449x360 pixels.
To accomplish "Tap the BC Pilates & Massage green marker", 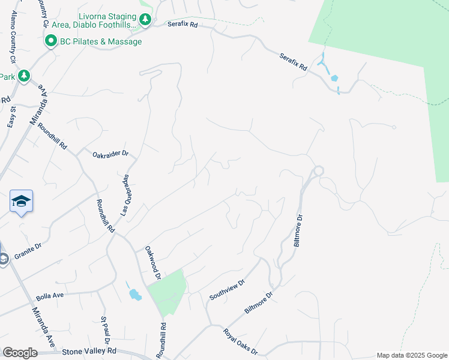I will click(x=50, y=41).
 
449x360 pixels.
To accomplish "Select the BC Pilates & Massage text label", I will click(x=101, y=42).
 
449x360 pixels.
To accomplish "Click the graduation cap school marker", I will click(x=21, y=201).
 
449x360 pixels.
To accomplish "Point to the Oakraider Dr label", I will click(x=110, y=154).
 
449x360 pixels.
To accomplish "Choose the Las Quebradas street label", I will click(x=125, y=196).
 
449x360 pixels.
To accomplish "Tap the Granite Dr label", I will click(x=28, y=251).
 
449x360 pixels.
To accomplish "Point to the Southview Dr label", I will click(x=227, y=290).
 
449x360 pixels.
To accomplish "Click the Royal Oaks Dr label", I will click(x=240, y=341).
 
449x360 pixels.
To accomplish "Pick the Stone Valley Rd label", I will click(x=88, y=351).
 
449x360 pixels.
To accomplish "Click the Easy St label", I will click(x=11, y=116).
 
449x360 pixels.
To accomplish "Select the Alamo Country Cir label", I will click(x=10, y=37).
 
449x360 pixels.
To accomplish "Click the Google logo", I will click(x=20, y=353).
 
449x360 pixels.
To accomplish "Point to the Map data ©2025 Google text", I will click(x=411, y=355).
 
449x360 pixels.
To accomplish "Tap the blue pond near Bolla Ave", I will click(x=135, y=295).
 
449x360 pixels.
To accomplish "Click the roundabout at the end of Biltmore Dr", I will click(x=318, y=171).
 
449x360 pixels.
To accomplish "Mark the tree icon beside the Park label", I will click(x=23, y=76).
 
